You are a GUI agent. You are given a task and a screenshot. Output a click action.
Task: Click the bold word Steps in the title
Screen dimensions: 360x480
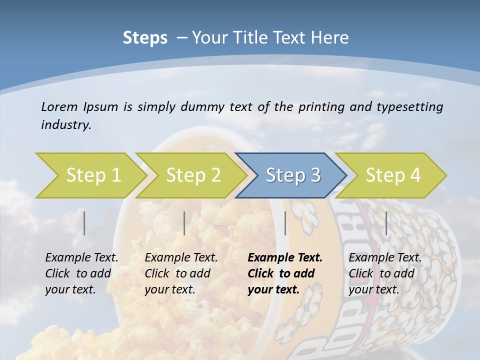pos(145,38)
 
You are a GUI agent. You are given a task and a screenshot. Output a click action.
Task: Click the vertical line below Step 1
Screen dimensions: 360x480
pos(84,223)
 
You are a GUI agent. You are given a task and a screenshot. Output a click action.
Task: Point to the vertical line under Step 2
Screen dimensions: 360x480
pos(184,223)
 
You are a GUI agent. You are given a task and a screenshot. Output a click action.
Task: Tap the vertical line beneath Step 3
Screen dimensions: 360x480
pos(285,223)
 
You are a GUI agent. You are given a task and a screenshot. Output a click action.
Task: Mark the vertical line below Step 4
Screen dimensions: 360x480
pos(386,223)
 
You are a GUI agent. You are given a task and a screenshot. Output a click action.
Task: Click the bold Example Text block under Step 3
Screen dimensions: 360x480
pos(285,273)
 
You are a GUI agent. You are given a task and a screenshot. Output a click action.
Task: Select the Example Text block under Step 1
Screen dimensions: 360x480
pos(81,273)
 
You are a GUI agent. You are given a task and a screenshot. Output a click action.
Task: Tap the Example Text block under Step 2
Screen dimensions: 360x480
pos(181,273)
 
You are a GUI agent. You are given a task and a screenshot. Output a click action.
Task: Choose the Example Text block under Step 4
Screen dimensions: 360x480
pos(385,273)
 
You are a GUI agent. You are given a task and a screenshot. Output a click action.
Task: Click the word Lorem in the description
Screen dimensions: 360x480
pos(59,107)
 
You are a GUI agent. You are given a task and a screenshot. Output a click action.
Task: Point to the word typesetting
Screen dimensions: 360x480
pos(409,107)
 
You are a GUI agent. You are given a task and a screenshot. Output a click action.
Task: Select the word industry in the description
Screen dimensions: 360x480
pos(66,125)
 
